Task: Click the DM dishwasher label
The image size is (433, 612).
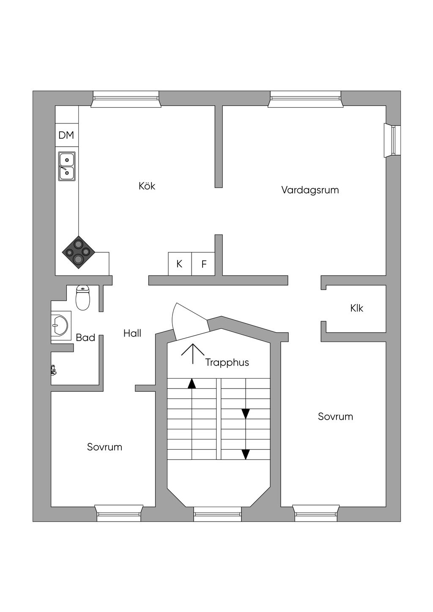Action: tap(66, 135)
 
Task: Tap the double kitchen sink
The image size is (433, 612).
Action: tap(67, 166)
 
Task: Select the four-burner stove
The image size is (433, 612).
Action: tap(79, 252)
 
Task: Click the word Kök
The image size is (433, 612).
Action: tap(147, 186)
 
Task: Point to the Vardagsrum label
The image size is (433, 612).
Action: tap(310, 190)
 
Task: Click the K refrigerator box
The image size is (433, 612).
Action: tap(180, 264)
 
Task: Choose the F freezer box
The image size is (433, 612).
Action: tap(204, 264)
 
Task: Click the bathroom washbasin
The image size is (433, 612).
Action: tap(60, 325)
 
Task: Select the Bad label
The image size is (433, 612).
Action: tap(85, 338)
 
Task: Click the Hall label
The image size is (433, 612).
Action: tap(132, 333)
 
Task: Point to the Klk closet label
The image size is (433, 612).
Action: tap(357, 309)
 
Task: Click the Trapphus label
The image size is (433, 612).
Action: tap(227, 363)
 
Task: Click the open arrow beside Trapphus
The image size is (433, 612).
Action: tap(193, 353)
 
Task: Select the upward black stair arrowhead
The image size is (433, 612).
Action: tap(192, 383)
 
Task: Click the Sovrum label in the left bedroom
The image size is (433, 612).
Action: tap(104, 447)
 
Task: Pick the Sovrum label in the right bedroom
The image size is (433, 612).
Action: tap(335, 417)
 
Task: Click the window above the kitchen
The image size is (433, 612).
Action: tap(126, 99)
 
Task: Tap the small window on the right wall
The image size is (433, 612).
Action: tap(392, 140)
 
